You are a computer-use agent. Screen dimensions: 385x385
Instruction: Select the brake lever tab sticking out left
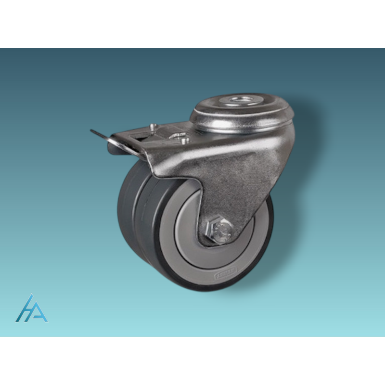tap(103, 137)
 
